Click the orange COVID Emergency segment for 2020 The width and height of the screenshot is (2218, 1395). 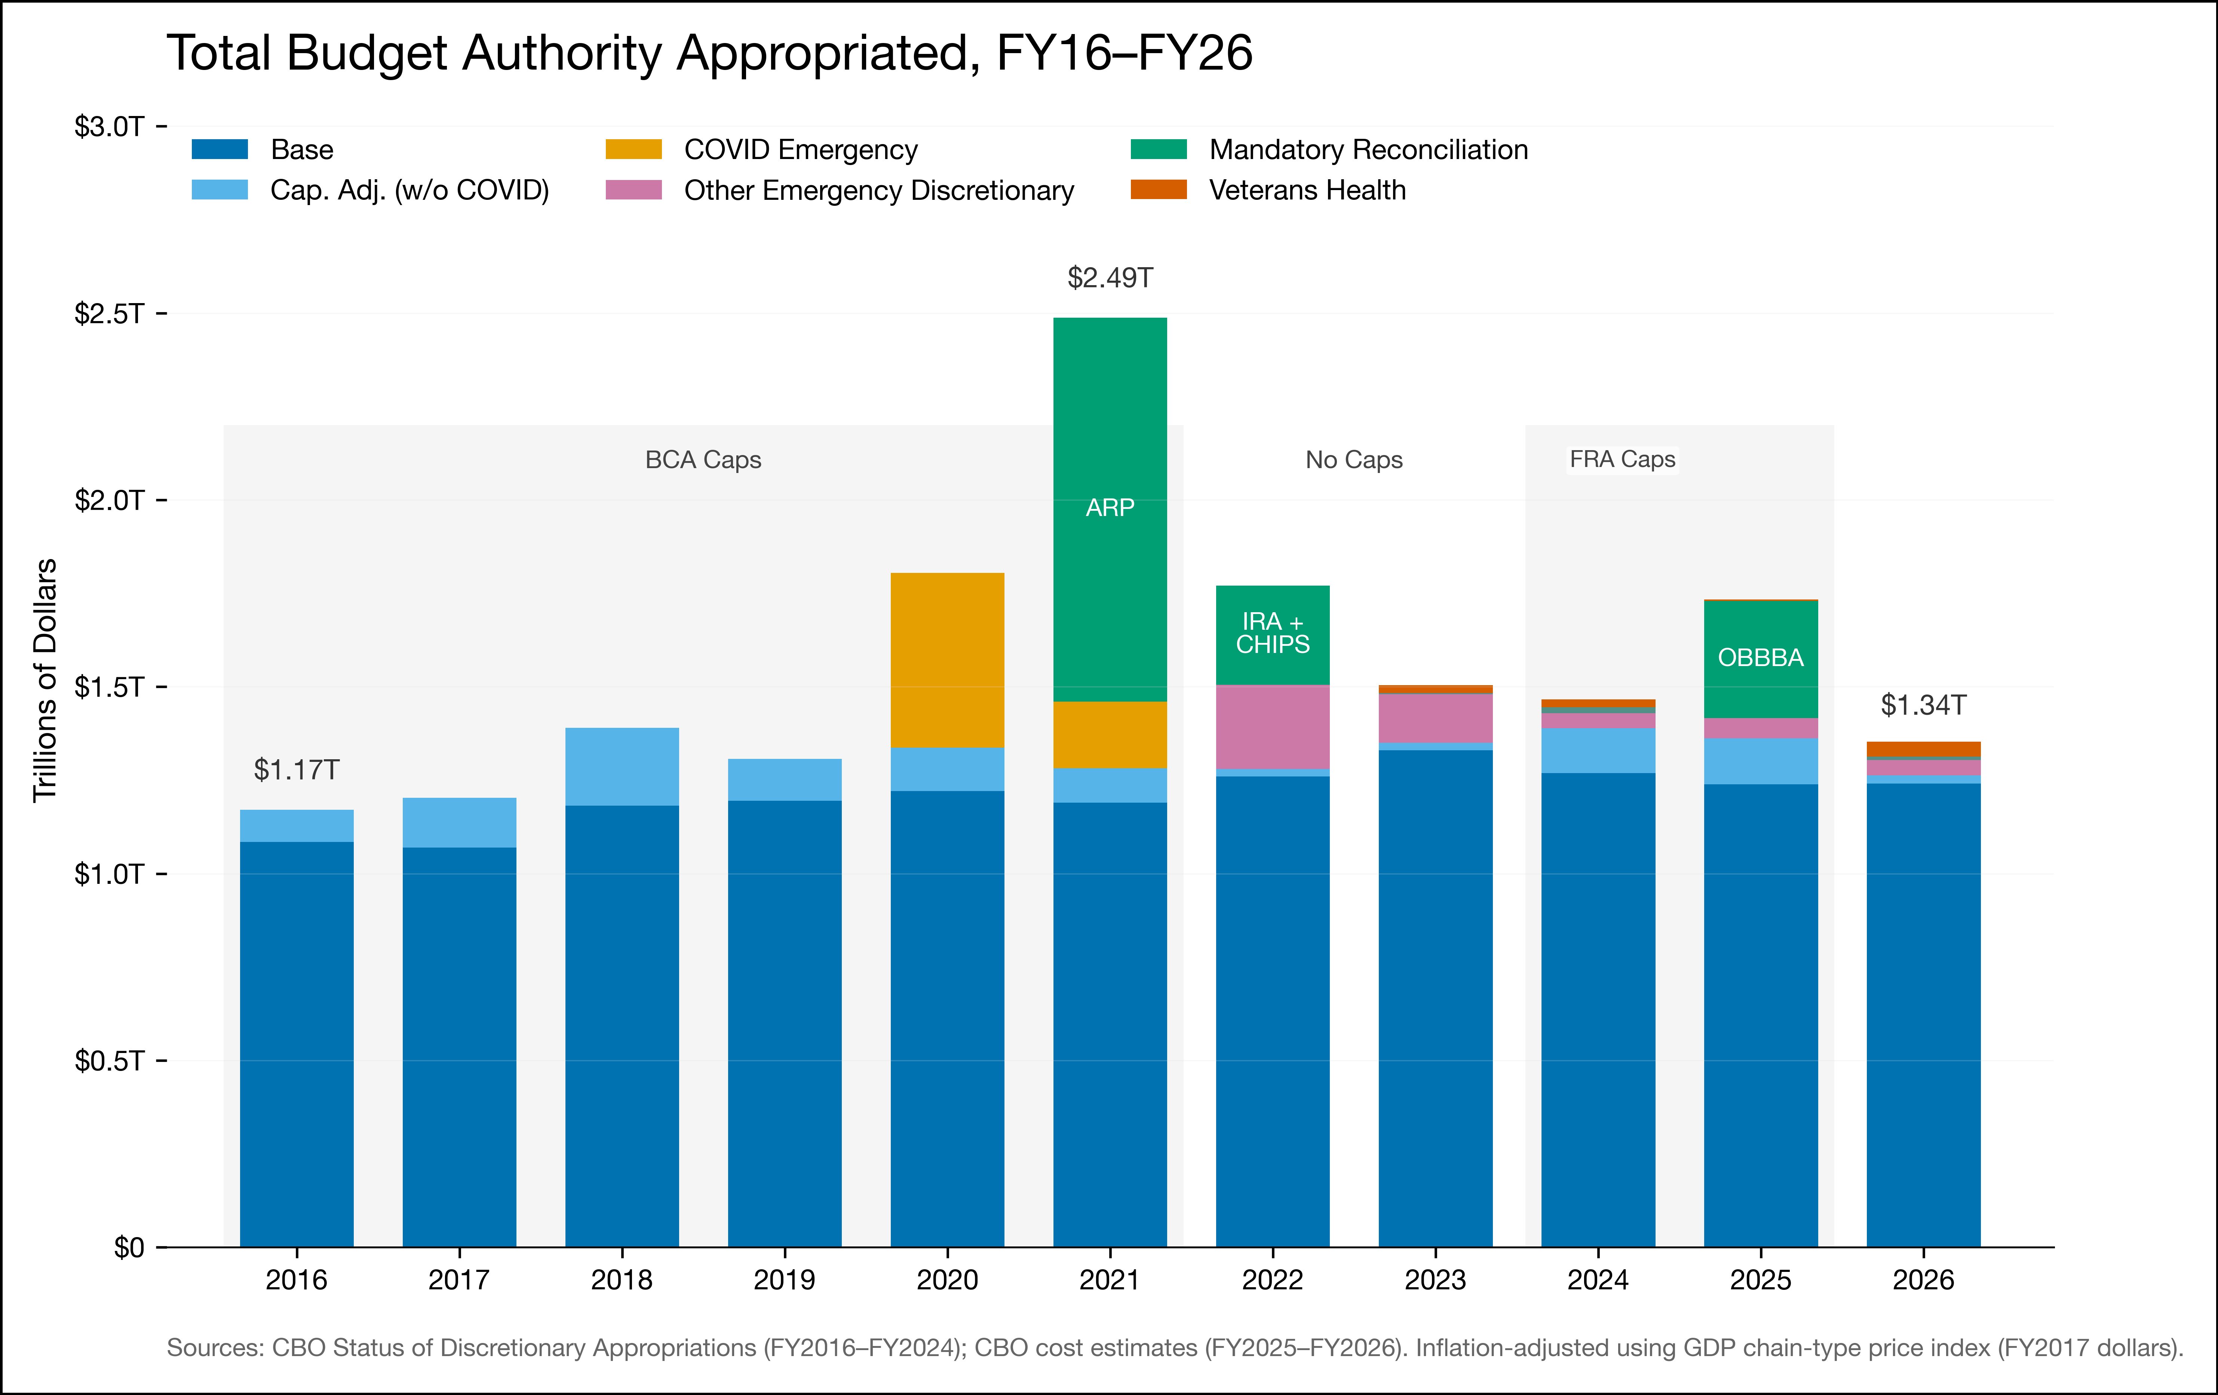click(947, 660)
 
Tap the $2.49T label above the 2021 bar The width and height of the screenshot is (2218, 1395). click(1110, 277)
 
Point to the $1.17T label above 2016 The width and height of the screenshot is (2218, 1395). click(297, 769)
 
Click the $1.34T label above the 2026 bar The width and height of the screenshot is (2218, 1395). click(1923, 705)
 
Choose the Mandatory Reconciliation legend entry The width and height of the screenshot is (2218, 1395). click(1368, 149)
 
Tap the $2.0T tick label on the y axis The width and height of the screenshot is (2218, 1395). click(109, 500)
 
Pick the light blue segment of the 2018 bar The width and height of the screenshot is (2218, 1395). click(622, 767)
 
